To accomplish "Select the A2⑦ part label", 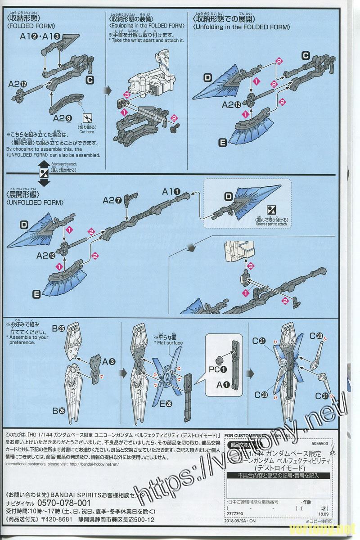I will (112, 199).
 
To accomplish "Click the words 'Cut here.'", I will (88, 132).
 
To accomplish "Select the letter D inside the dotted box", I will (228, 196).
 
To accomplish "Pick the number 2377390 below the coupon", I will (233, 513).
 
